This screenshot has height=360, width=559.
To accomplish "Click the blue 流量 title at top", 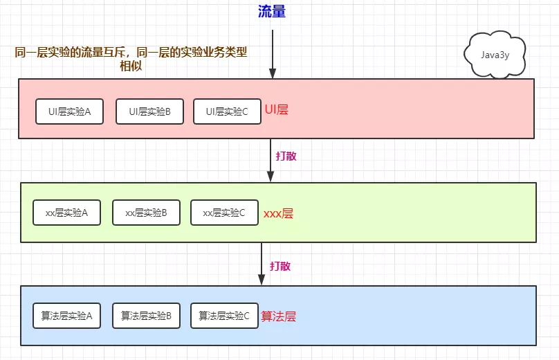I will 272,12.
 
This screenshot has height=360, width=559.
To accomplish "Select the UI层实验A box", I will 69,111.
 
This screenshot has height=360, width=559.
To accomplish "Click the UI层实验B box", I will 149,111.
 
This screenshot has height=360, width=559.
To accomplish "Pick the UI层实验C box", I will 226,111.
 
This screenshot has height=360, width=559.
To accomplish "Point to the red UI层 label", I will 276,109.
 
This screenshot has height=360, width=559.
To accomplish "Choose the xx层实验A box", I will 66,213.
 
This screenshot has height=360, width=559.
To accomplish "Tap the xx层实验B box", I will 146,213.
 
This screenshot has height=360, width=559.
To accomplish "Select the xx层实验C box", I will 224,213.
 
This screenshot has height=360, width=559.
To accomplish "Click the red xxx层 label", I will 278,213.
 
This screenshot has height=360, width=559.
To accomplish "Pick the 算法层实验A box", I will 66,316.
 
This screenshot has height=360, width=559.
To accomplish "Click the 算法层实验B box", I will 146,316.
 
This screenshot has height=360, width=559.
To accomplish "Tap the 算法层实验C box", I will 224,316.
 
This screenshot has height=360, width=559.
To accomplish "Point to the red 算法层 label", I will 278,316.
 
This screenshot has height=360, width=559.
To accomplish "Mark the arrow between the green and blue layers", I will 262,264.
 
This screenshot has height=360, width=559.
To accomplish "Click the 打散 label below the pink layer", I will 286,156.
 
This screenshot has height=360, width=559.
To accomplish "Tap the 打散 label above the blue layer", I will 280,266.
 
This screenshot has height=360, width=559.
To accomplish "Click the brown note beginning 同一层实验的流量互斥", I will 131,58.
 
